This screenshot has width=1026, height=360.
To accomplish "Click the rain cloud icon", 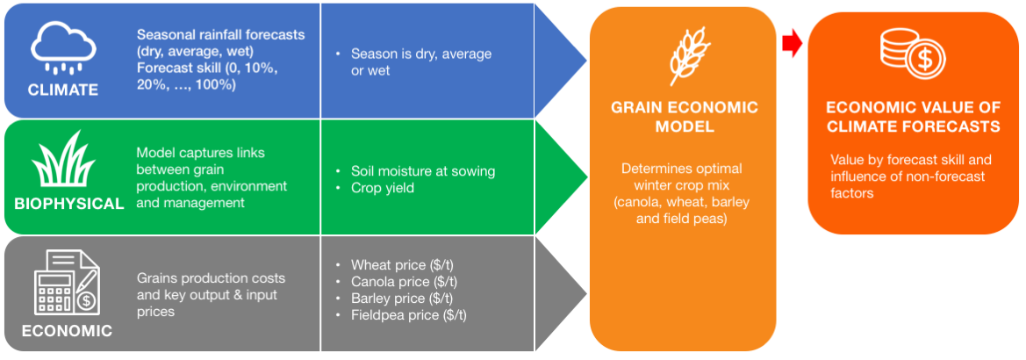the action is pyautogui.click(x=63, y=47).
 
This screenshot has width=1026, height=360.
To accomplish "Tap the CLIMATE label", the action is pyautogui.click(x=63, y=90).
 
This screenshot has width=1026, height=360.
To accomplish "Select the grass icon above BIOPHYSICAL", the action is pyautogui.click(x=63, y=159).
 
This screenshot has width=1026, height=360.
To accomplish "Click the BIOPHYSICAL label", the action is pyautogui.click(x=69, y=204).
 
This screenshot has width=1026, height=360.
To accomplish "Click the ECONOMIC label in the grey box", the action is pyautogui.click(x=67, y=330).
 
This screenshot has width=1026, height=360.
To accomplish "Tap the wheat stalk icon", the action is pyautogui.click(x=685, y=56).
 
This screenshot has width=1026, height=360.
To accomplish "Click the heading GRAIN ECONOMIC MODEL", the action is pyautogui.click(x=685, y=117).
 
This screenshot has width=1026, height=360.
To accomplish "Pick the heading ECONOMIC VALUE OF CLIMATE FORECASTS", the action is pyautogui.click(x=914, y=117).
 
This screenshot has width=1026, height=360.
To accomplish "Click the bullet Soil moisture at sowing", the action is pyautogui.click(x=423, y=171).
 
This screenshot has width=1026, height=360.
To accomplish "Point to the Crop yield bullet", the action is pyautogui.click(x=382, y=189).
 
